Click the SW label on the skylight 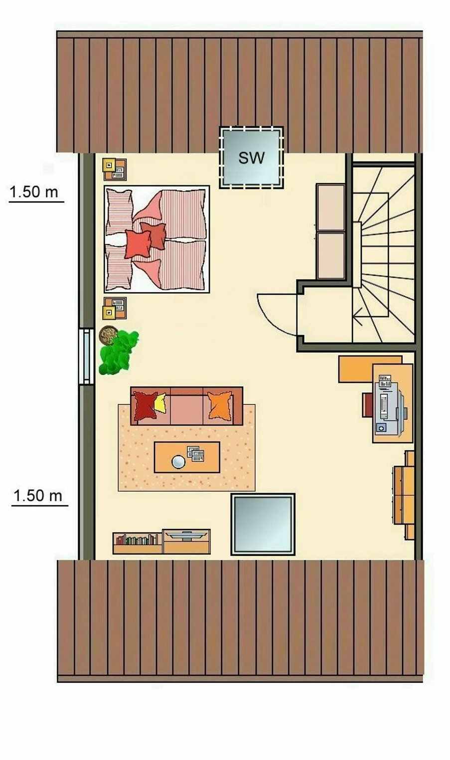pos(251,158)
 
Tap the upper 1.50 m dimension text pos(34,192)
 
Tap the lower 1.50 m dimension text pos(38,496)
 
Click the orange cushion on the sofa pos(220,405)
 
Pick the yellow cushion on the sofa pos(160,403)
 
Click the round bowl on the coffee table pos(178,462)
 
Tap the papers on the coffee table pos(196,454)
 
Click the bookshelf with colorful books pos(138,544)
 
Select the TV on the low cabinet pos(186,535)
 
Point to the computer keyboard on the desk pos(384,406)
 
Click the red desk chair pos(367,405)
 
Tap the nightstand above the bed pos(115,169)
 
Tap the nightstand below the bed pos(115,308)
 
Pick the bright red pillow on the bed pos(138,244)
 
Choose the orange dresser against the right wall pos(404,495)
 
